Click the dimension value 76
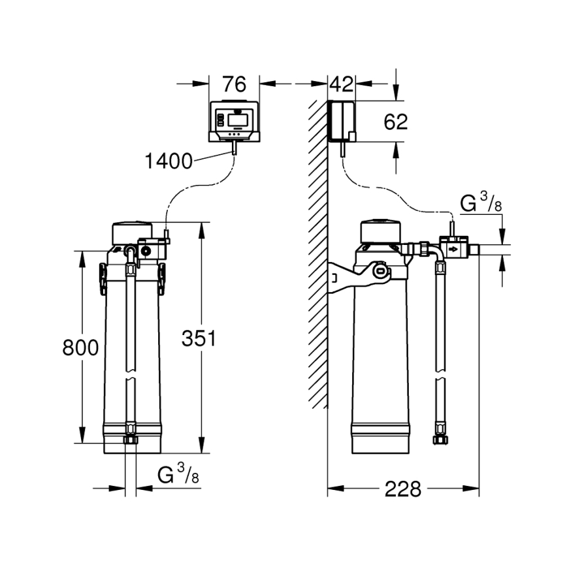[233, 84]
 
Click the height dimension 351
[198, 339]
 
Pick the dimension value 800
[80, 348]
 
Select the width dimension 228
[402, 489]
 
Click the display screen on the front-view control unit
[235, 119]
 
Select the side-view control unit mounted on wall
[342, 121]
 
